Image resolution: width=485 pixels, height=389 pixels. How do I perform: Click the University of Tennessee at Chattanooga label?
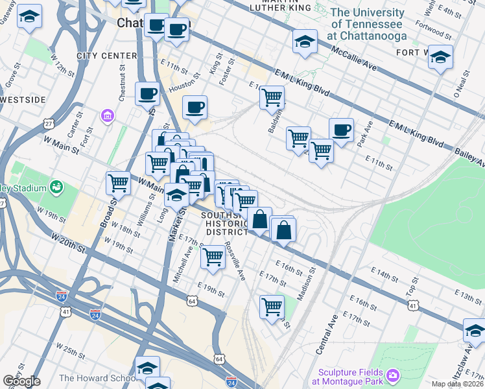pos(367,24)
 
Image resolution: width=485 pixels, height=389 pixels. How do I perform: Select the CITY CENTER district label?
pos(107,56)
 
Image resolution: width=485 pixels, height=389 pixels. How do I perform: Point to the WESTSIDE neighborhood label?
pos(22,100)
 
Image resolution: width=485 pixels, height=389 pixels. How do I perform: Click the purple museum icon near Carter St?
pos(107,116)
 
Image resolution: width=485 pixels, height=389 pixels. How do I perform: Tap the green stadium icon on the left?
pos(57,188)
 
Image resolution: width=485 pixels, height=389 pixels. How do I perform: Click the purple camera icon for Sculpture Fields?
pos(392,375)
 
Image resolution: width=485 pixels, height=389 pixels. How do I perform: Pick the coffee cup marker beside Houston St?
pos(147,94)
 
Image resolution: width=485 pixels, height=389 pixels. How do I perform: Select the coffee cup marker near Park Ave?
pos(341,130)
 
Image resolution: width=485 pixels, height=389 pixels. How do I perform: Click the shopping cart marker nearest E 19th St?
pos(213,257)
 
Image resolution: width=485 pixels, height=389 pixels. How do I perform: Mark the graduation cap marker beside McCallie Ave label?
pos(305,41)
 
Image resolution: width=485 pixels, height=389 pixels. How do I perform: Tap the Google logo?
pos(21,381)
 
